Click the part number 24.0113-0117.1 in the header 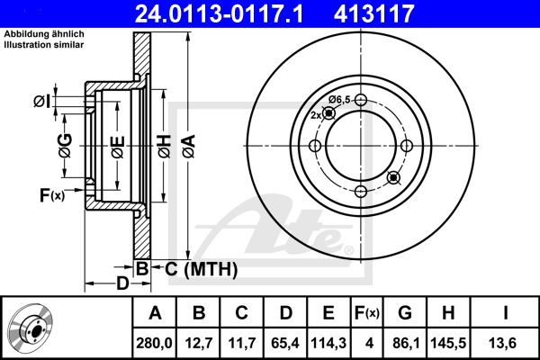[x=219, y=13]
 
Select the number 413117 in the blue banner [x=373, y=13]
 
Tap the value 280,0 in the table [x=154, y=343]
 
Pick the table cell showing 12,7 [x=199, y=343]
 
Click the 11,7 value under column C [x=242, y=343]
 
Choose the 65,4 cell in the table [x=285, y=343]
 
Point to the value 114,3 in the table [x=328, y=343]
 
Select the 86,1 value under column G [x=405, y=343]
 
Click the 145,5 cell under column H [x=448, y=343]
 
